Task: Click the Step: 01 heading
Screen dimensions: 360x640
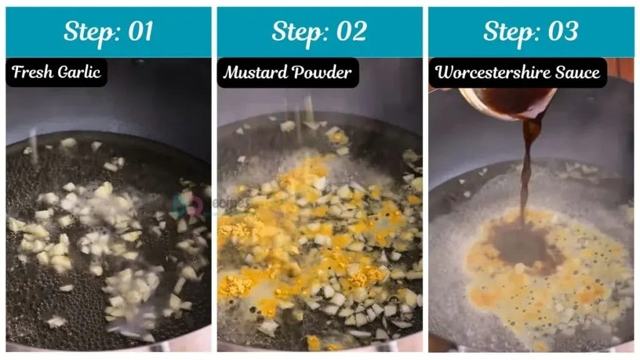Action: [108, 32]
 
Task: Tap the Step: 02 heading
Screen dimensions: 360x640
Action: [319, 32]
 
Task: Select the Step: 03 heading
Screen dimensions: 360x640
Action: [531, 32]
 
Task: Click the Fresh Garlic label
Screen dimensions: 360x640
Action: [56, 72]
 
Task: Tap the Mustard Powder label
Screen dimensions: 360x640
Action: [287, 72]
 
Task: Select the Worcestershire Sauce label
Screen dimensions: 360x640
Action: [517, 72]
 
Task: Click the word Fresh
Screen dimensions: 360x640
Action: [33, 72]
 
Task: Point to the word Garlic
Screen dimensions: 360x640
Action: [79, 72]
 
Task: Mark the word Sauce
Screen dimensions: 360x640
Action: [580, 72]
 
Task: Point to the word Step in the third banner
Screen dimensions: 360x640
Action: [509, 32]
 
